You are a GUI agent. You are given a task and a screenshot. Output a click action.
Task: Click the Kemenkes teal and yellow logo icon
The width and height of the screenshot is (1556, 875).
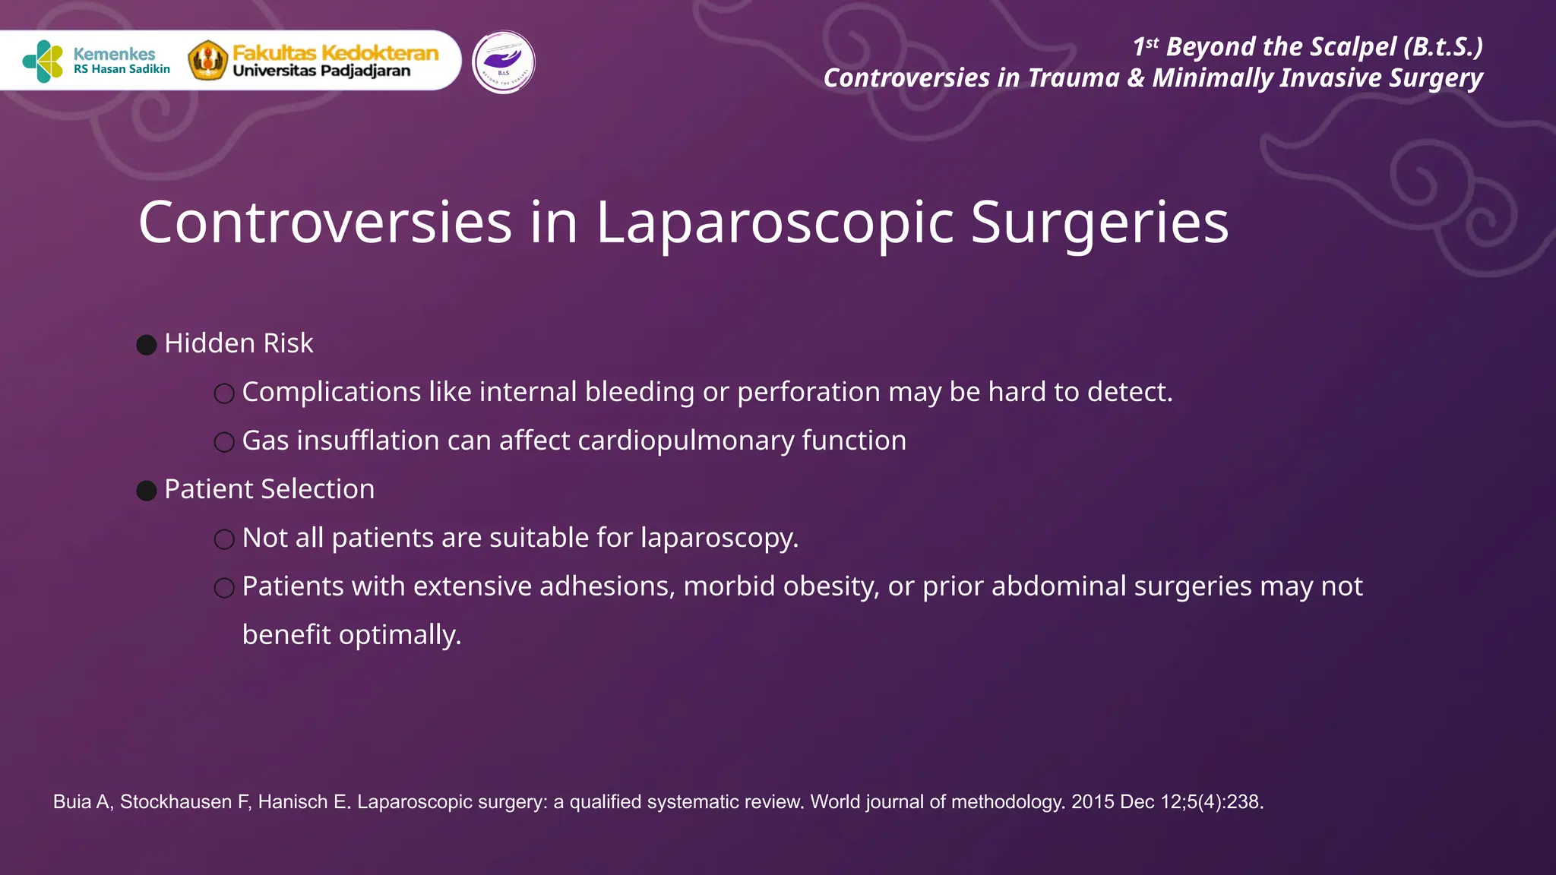pos(43,61)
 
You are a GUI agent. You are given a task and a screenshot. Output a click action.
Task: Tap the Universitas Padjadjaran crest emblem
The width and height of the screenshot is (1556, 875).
pos(207,61)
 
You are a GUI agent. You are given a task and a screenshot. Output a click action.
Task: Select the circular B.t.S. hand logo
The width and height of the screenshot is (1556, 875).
pos(503,62)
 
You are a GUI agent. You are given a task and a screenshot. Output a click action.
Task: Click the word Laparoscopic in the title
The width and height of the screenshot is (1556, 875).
pos(774,223)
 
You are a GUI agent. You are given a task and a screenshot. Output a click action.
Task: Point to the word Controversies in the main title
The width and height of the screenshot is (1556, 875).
pos(325,223)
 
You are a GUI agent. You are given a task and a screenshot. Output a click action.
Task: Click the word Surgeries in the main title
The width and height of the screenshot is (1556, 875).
pos(1099,223)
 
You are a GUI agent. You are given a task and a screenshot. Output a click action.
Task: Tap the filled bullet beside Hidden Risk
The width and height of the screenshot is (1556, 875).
pos(147,345)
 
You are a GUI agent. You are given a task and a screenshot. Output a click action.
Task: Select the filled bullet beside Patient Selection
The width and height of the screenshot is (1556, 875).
pos(147,491)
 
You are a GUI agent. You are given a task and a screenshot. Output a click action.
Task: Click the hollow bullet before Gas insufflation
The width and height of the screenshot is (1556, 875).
pos(224,442)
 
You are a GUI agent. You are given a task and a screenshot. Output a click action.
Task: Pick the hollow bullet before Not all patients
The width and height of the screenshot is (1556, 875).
pos(224,539)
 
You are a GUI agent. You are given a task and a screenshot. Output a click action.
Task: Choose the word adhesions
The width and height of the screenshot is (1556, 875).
pos(607,586)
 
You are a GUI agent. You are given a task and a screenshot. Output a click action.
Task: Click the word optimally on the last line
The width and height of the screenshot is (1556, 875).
pos(400,635)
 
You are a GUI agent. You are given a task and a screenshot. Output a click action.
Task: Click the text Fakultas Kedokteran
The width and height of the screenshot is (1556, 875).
pos(335,52)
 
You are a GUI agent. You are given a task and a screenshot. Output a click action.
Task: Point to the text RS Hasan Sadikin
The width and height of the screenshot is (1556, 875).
pos(122,69)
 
